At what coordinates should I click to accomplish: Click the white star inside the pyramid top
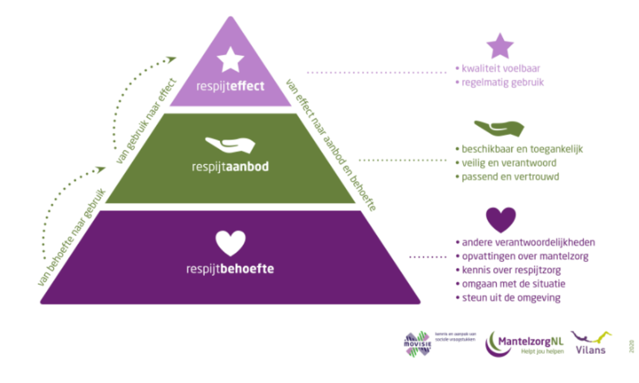230,59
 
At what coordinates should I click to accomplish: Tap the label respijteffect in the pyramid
230,86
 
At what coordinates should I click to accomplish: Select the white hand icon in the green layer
230,144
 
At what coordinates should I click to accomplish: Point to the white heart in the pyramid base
230,243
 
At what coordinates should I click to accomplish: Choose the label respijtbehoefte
230,269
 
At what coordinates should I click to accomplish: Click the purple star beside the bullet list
500,46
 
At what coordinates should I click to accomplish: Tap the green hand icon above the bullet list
499,128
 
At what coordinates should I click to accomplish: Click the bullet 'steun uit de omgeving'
508,298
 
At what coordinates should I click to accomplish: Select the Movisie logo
418,343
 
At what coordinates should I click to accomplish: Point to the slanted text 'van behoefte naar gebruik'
71,238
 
